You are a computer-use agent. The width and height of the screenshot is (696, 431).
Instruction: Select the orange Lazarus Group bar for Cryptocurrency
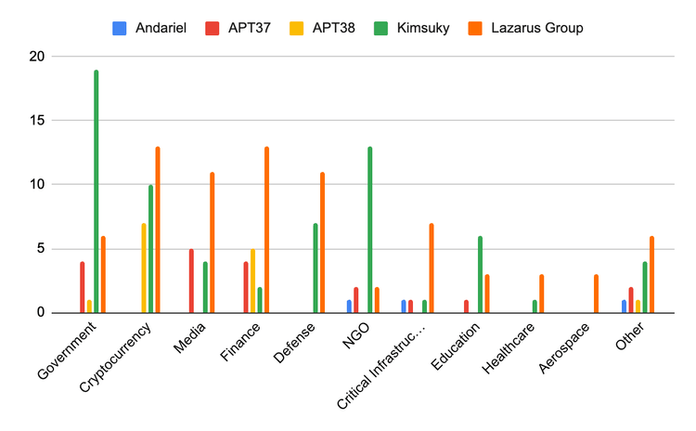158,230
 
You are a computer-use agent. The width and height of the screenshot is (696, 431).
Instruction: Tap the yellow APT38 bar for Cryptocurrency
144,268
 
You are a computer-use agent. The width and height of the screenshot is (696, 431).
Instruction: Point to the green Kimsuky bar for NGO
370,230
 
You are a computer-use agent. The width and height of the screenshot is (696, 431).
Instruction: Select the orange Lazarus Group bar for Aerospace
597,294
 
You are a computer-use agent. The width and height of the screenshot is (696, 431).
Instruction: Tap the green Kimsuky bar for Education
480,275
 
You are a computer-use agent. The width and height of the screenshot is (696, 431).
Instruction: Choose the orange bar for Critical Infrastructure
432,268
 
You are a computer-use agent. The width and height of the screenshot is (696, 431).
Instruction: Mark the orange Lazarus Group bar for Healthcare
541,294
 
